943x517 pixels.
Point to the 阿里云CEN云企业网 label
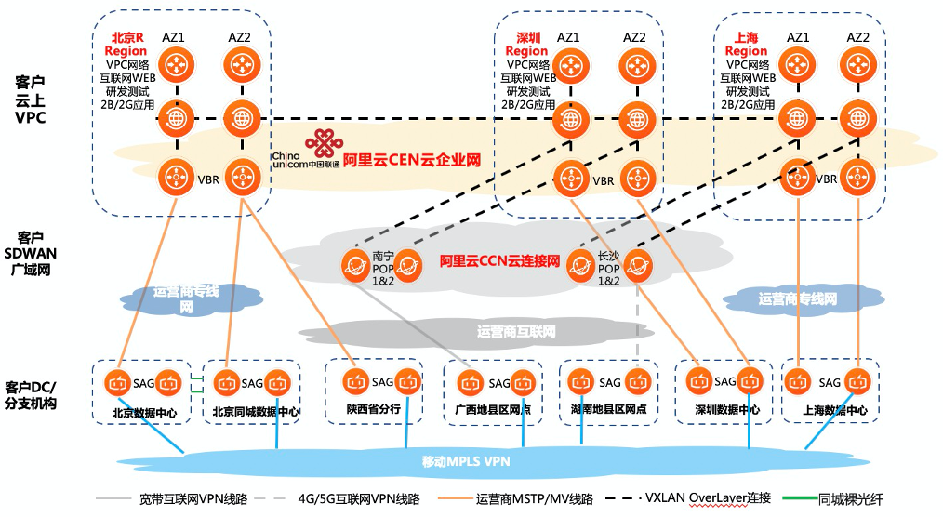click(411, 160)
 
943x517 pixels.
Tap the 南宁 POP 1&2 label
click(384, 268)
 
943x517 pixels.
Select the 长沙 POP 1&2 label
click(608, 268)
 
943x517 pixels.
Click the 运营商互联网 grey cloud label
click(516, 331)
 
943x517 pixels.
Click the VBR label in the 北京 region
click(208, 179)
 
